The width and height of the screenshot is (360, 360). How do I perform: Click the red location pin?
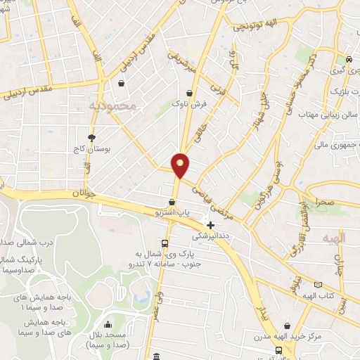(181, 165)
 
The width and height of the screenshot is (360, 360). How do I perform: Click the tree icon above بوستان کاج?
(91, 138)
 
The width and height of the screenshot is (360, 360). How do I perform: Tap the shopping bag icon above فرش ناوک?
(188, 92)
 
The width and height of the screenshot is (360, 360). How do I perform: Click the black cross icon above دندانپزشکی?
(210, 225)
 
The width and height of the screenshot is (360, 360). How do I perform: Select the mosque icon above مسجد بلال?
(108, 326)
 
